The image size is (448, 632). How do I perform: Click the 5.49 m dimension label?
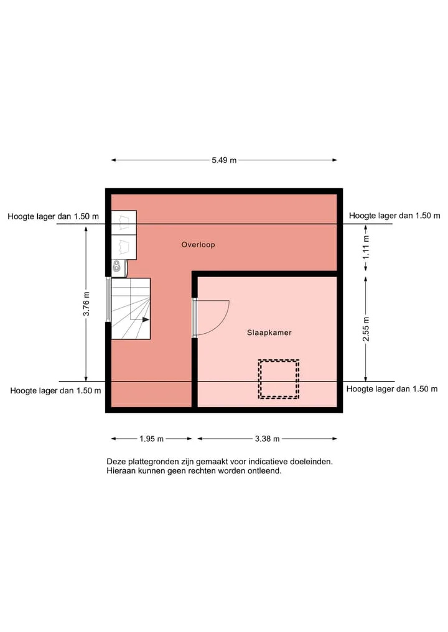224,160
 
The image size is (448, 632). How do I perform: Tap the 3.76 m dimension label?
86,304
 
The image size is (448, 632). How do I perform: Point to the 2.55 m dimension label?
366,329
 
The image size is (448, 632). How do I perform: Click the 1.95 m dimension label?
151,439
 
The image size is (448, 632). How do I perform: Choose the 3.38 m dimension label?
267,439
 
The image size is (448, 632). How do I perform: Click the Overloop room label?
198,245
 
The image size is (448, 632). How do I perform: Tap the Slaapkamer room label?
269,332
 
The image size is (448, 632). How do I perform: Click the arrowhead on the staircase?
146,319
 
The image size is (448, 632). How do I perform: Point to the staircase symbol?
131,309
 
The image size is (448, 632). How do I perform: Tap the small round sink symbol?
116,265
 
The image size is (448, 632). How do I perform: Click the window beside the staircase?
108,300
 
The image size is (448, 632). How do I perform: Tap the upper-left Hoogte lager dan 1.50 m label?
54,216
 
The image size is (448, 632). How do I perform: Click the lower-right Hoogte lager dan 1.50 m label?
392,389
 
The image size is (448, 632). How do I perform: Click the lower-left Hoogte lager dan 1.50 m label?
56,390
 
